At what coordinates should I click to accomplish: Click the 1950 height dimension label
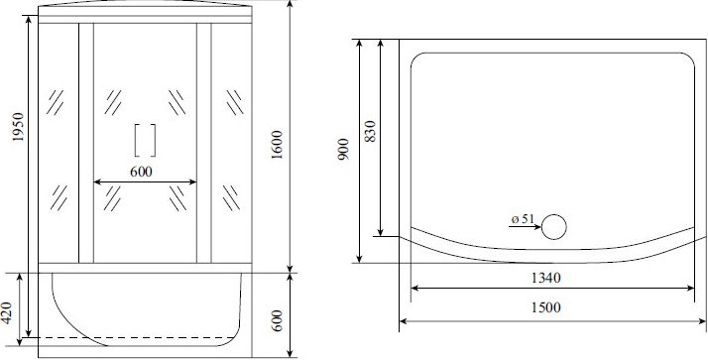18,127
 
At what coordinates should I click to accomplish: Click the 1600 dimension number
277,145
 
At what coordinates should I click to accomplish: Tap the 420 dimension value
7,313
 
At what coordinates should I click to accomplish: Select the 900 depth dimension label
344,150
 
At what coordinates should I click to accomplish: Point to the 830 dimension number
370,132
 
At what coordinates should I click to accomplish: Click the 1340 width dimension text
545,278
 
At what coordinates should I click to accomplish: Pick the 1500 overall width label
545,307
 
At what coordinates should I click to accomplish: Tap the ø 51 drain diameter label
523,219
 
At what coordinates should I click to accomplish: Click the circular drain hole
553,227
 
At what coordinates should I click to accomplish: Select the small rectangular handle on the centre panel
146,140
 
